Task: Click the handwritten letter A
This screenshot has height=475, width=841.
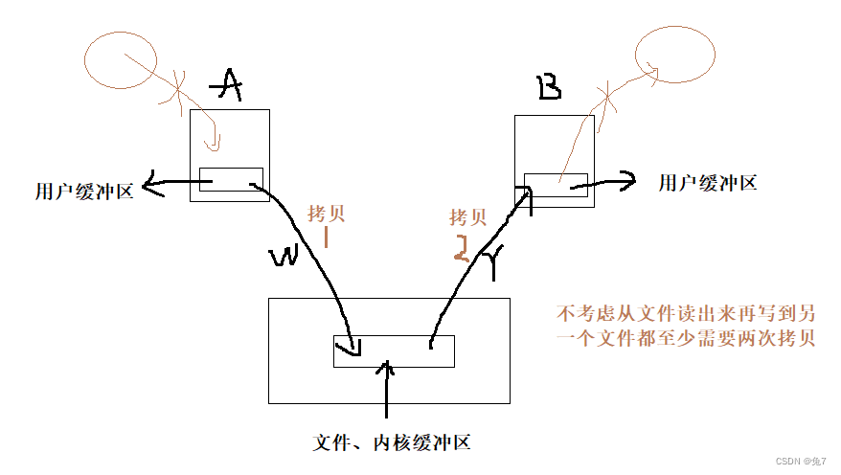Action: pos(227,87)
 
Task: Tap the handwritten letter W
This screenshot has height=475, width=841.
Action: pos(284,257)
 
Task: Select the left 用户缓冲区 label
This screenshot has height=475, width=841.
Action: pos(84,191)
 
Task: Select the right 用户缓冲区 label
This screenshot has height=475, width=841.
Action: pos(708,182)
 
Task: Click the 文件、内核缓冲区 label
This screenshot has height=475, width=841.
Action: pos(393,442)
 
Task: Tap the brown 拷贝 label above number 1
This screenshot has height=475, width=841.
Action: pos(326,212)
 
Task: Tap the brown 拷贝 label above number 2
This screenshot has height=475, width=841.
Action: pos(468,217)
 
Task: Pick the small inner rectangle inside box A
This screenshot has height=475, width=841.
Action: pos(231,179)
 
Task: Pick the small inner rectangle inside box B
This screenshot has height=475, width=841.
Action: pos(557,185)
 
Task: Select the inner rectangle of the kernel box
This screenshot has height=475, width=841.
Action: pos(394,351)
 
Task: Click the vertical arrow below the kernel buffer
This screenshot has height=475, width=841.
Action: pos(386,393)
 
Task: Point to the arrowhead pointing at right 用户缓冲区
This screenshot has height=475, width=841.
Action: pos(626,178)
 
